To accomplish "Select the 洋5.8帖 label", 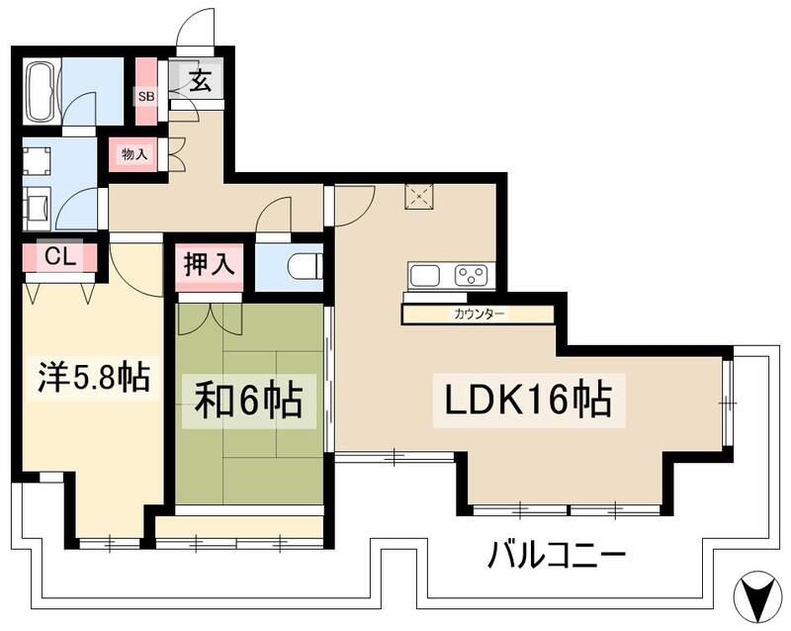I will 94,377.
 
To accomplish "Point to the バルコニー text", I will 557,556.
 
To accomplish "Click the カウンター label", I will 479,315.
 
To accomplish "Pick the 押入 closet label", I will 210,265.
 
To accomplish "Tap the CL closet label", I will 60,257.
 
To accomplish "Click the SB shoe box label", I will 145,96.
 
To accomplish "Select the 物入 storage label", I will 133,153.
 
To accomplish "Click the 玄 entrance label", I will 200,82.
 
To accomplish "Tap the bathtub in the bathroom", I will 40,92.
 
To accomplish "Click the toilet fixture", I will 305,267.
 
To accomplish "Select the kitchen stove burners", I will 471,275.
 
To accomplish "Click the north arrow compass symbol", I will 756,596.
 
